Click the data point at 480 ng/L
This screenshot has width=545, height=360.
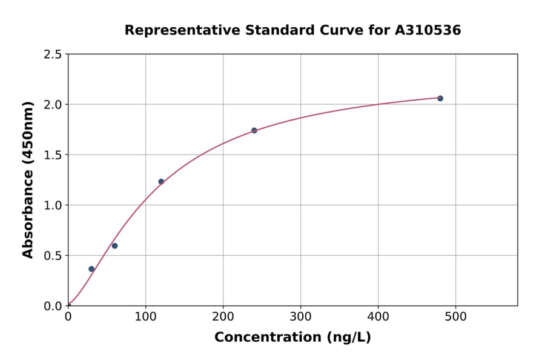pyautogui.click(x=440, y=98)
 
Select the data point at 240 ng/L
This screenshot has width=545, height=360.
pyautogui.click(x=254, y=130)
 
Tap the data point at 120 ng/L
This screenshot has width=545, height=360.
pyautogui.click(x=161, y=181)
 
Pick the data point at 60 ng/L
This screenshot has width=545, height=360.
pyautogui.click(x=114, y=245)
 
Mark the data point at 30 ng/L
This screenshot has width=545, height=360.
pyautogui.click(x=91, y=269)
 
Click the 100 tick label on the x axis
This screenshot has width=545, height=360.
pyautogui.click(x=145, y=316)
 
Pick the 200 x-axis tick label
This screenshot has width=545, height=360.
pyautogui.click(x=223, y=316)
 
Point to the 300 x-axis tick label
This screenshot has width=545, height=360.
pyautogui.click(x=300, y=316)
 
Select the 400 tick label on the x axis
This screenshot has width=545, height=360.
pyautogui.click(x=378, y=316)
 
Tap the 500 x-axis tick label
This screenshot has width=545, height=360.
pyautogui.click(x=455, y=316)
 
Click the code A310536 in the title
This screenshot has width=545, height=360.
pyautogui.click(x=428, y=30)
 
